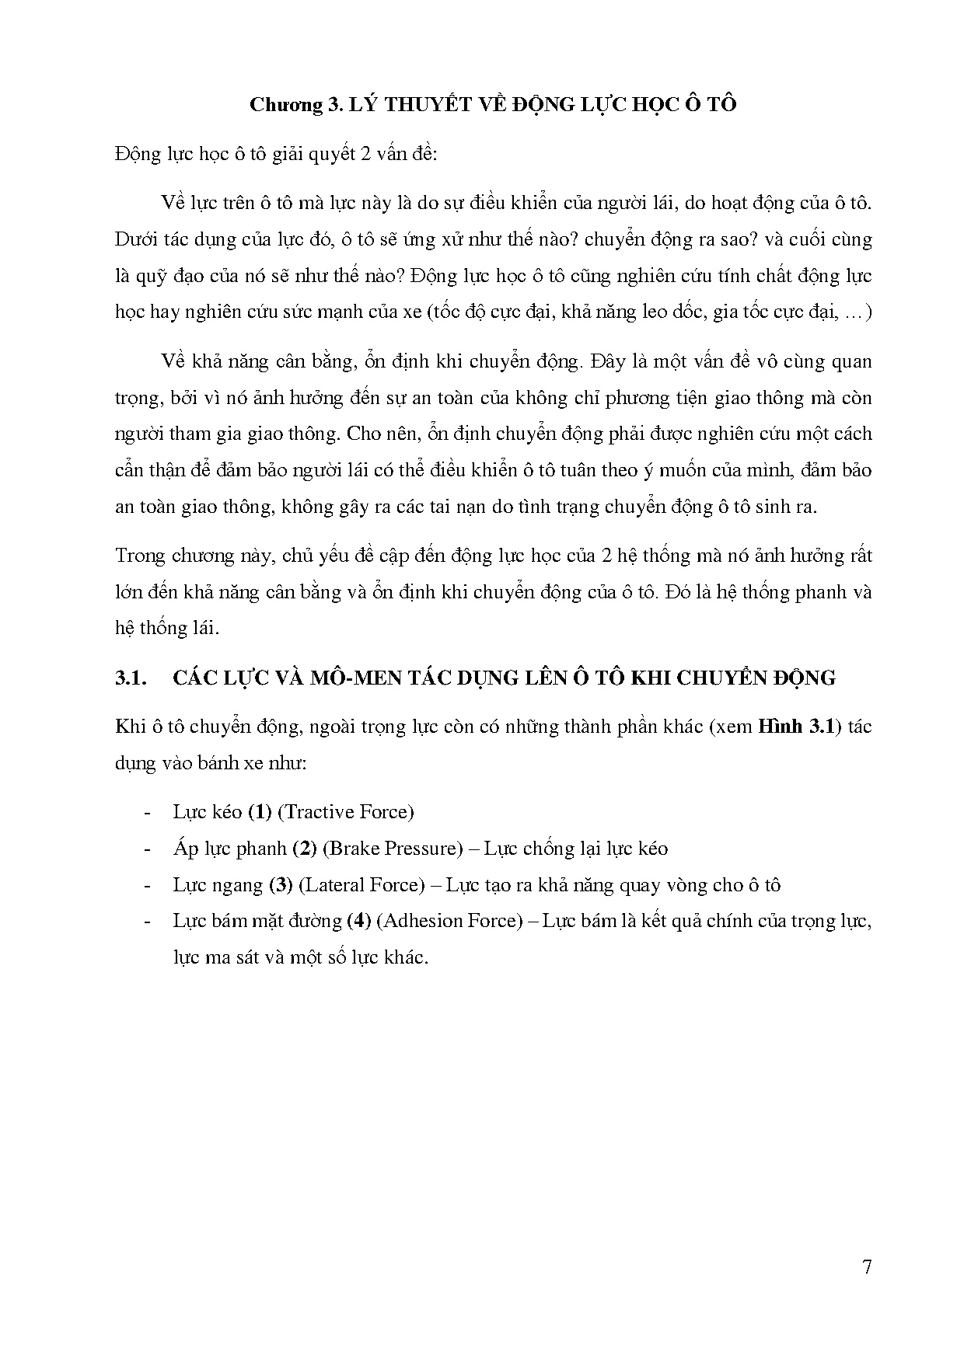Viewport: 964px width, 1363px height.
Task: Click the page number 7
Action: tap(867, 1267)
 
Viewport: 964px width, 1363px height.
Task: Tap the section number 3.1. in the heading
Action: tap(131, 678)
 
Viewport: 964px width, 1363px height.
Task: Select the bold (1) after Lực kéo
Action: tap(259, 812)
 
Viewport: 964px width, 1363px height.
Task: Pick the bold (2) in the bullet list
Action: tap(304, 848)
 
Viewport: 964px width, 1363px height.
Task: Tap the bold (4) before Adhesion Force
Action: tap(358, 921)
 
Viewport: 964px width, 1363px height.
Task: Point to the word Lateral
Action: tap(333, 884)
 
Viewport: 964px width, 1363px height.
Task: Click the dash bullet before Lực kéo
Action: tap(146, 812)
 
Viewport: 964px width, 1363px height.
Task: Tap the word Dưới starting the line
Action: tap(134, 239)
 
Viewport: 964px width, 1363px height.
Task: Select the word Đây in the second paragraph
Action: tap(609, 361)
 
